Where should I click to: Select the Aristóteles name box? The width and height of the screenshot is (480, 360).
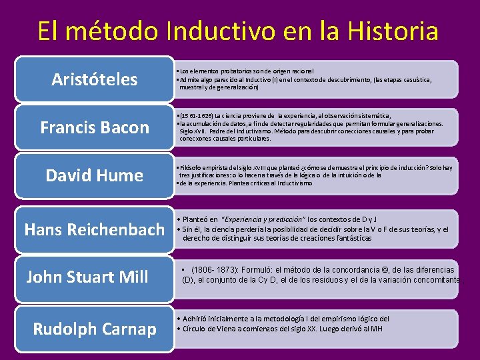[95, 80]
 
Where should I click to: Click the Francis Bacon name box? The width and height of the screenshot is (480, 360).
[95, 127]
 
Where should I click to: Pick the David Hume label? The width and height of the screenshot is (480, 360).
[95, 175]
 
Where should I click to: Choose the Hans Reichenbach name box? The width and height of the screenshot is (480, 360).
[94, 230]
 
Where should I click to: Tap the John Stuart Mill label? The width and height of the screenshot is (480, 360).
[87, 277]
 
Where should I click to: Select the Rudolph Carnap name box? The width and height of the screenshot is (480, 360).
[95, 329]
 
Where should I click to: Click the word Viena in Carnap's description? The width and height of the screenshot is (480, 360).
[230, 328]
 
